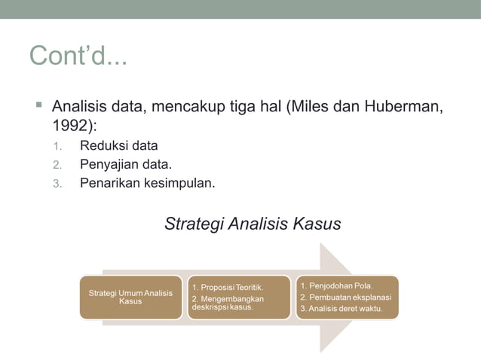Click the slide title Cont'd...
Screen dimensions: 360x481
(78, 56)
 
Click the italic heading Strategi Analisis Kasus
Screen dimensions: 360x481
(253, 224)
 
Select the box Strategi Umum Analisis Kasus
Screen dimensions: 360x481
(130, 297)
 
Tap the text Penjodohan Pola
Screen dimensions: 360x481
(335, 285)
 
